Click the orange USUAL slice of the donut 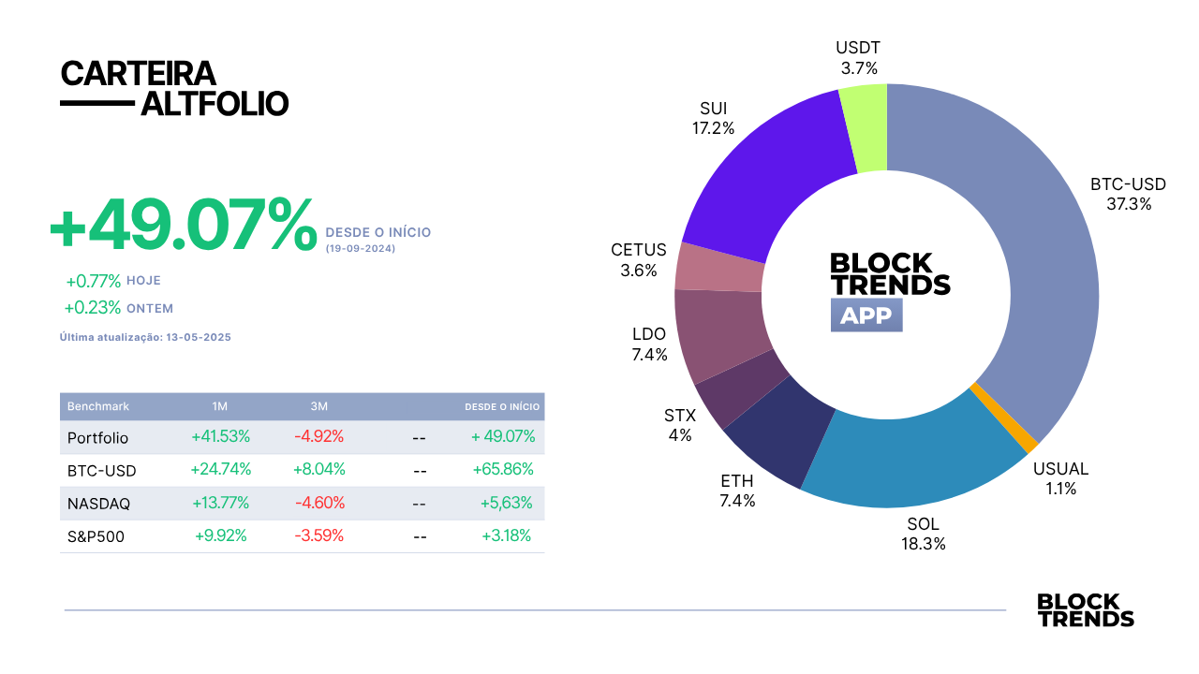(x=1004, y=418)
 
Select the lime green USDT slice (x=865, y=128)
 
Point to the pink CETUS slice (x=718, y=268)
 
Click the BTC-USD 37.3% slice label (x=1129, y=194)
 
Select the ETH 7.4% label (x=737, y=491)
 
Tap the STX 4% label (x=680, y=425)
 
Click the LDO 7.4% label (x=649, y=344)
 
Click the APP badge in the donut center (x=866, y=315)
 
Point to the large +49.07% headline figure (x=183, y=224)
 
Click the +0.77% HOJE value (x=93, y=281)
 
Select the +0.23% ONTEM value (x=93, y=308)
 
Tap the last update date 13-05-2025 (x=199, y=337)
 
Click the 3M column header (x=319, y=406)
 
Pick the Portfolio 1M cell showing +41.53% (x=220, y=436)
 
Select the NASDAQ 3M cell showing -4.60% (x=319, y=503)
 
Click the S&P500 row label (x=96, y=536)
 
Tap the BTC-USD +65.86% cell (x=503, y=469)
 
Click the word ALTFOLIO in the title (x=215, y=104)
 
